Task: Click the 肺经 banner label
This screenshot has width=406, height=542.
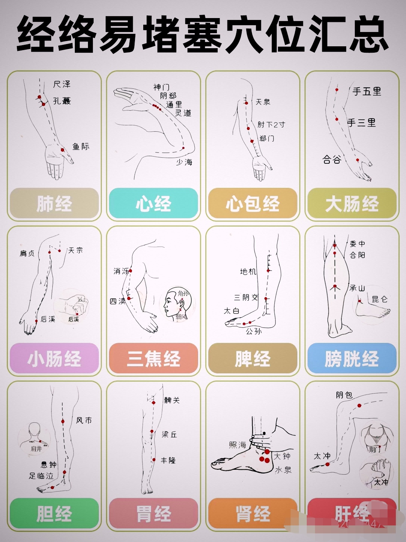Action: coord(54,204)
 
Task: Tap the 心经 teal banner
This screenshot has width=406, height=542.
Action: coord(153,204)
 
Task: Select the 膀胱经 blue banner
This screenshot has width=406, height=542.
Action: coord(352,358)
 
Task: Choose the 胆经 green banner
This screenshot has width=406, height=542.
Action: coord(54,513)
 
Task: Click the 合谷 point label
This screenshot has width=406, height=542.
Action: coord(332,160)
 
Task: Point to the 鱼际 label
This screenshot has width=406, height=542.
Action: coord(81,146)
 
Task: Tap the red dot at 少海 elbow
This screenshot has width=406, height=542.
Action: coord(183,148)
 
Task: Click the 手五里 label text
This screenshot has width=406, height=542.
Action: coord(367,91)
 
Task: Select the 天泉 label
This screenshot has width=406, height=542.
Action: coord(263,102)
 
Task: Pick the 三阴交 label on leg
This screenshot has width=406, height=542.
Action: coord(246,297)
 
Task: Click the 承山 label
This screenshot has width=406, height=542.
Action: coord(357,288)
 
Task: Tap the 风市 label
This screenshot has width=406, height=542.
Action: coord(84,420)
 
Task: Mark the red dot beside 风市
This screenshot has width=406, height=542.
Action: coord(63,421)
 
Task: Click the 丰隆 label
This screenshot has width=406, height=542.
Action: coord(168,460)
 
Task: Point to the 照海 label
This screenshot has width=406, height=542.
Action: coord(238,445)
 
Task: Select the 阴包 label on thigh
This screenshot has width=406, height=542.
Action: coord(344,395)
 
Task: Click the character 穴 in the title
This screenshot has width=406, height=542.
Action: coord(242,35)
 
